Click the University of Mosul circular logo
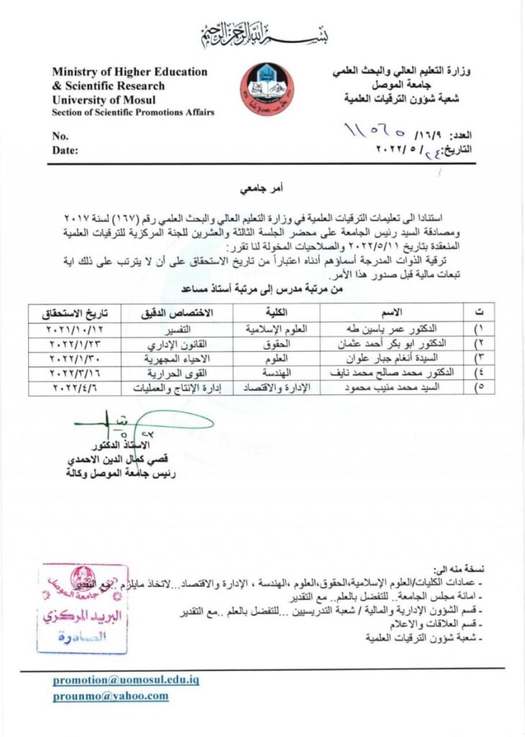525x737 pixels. [266, 90]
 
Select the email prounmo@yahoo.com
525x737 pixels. [110, 696]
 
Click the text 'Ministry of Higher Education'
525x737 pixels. [129, 72]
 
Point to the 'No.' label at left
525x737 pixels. [60, 136]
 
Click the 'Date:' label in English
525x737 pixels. [65, 150]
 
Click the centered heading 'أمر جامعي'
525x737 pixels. [262, 190]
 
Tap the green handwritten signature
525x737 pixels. [137, 425]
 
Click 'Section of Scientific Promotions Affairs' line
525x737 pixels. [133, 112]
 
